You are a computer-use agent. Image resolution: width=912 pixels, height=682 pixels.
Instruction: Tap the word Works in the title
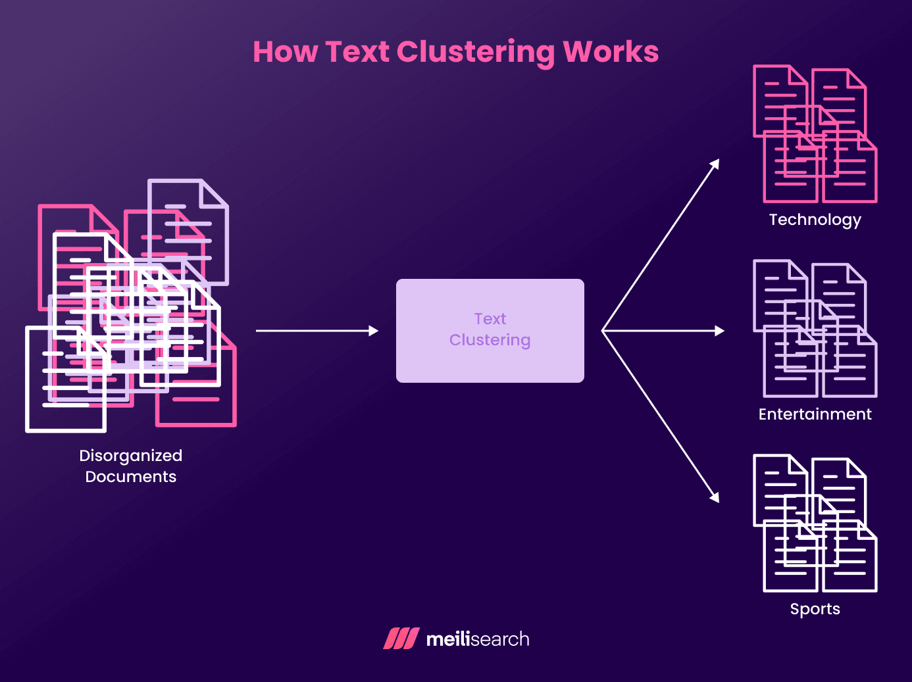pyautogui.click(x=611, y=52)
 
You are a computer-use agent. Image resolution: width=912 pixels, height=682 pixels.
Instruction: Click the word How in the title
pyautogui.click(x=285, y=52)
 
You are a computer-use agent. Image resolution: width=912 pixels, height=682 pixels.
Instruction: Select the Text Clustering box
pyautogui.click(x=490, y=330)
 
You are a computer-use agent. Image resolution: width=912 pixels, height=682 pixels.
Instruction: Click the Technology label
pyautogui.click(x=815, y=220)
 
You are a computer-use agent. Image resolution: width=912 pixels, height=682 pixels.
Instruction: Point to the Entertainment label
pyautogui.click(x=815, y=414)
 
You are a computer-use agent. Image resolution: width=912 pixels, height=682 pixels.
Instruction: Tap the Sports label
pyautogui.click(x=815, y=609)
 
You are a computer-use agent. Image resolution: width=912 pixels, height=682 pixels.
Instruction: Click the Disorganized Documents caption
pyautogui.click(x=130, y=466)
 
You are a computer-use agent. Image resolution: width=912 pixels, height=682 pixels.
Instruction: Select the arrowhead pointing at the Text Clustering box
pyautogui.click(x=374, y=331)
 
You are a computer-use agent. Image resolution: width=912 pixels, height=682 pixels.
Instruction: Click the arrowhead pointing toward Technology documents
pyautogui.click(x=715, y=164)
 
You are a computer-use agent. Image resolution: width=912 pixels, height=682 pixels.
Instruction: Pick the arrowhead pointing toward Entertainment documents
pyautogui.click(x=719, y=331)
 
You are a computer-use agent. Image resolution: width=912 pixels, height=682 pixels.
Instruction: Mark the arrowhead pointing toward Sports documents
pyautogui.click(x=715, y=497)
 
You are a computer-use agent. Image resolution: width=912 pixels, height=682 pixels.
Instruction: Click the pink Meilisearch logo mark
pyautogui.click(x=401, y=639)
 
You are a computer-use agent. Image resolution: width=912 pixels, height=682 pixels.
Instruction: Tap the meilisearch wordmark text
pyautogui.click(x=478, y=639)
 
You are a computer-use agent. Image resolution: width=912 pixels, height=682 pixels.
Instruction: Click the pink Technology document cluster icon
pyautogui.click(x=815, y=134)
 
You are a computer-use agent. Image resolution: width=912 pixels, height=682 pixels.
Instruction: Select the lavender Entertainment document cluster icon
pyautogui.click(x=815, y=329)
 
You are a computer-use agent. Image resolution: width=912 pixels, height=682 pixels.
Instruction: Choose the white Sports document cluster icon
pyautogui.click(x=815, y=524)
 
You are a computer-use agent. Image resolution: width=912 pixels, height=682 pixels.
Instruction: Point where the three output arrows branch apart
pyautogui.click(x=603, y=331)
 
